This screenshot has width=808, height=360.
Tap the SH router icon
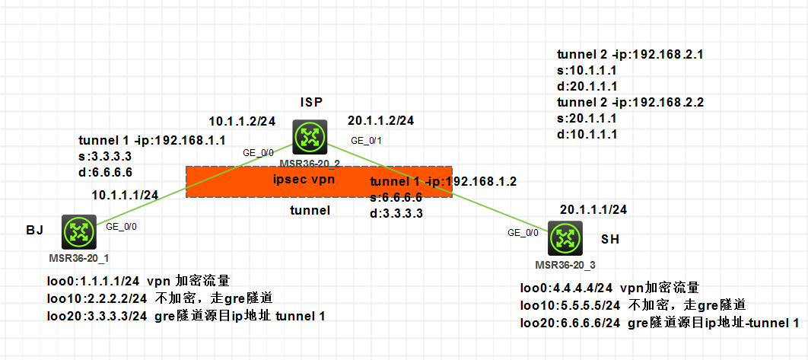(565, 239)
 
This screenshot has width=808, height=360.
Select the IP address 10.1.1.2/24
(242, 120)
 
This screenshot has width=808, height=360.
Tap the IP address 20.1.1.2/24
(380, 120)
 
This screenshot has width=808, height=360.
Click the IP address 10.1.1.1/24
(125, 195)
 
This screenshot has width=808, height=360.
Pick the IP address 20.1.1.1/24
(593, 209)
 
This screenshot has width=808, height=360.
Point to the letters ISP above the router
(311, 102)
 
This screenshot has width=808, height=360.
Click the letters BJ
(34, 228)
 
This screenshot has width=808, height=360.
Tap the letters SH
(609, 239)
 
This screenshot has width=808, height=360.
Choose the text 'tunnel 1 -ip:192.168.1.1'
(152, 141)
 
